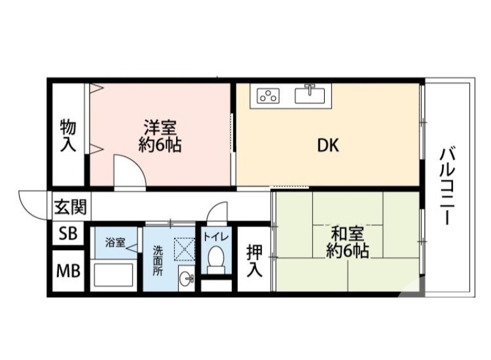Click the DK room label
328,146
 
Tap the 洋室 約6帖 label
161,136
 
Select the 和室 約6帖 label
347,242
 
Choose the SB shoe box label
67,234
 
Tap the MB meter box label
68,270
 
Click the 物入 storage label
68,136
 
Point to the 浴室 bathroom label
115,242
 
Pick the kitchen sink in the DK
311,95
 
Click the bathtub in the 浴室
115,275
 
